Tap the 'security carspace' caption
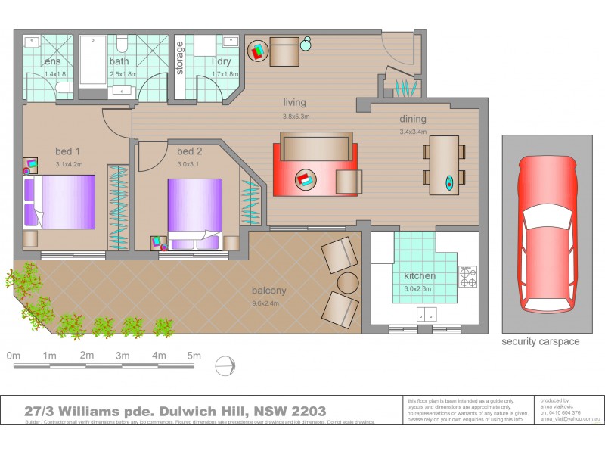[x=541, y=341]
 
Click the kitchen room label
[x=420, y=275]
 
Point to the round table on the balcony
[x=348, y=282]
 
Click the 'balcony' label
[x=269, y=291]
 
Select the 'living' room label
[x=294, y=102]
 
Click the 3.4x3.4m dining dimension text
[x=413, y=132]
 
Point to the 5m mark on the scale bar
[x=194, y=356]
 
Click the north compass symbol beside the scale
[x=226, y=365]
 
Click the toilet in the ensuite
[x=64, y=89]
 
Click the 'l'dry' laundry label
[x=222, y=61]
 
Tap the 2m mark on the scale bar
[x=86, y=356]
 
